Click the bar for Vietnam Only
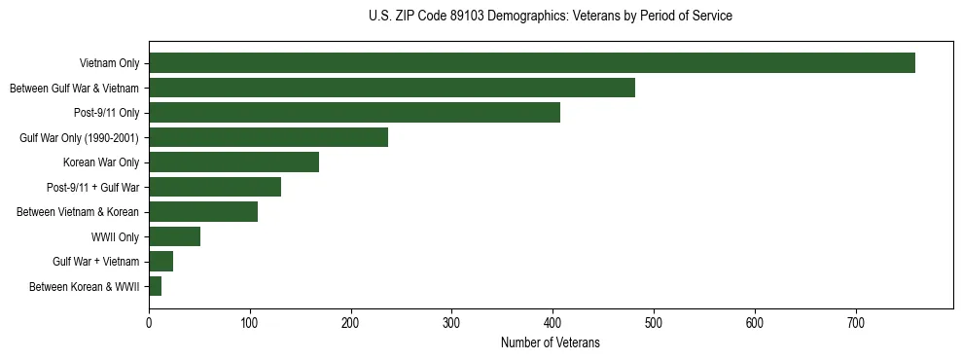point(531,63)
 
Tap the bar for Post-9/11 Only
point(354,113)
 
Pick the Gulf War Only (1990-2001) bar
point(268,137)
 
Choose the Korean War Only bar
point(233,162)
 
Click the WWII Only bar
point(174,236)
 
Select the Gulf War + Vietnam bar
point(160,262)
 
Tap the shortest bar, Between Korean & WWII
point(155,286)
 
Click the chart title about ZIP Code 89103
point(551,17)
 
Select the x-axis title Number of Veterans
point(551,343)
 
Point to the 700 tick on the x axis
point(856,322)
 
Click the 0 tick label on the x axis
point(149,322)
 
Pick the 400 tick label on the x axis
point(552,322)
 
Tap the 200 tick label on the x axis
point(351,322)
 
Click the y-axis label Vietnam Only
point(109,64)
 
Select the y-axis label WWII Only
point(115,237)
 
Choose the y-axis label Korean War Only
point(101,162)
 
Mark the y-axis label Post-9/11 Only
point(106,113)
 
